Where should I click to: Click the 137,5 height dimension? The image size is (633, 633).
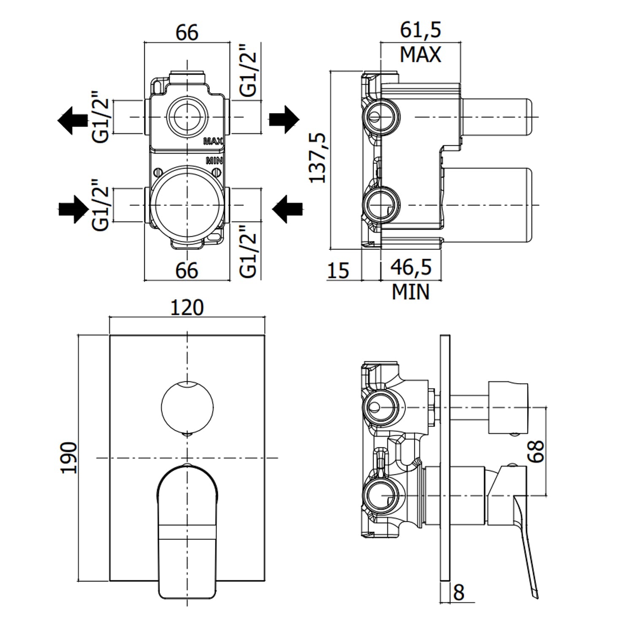[x=318, y=157]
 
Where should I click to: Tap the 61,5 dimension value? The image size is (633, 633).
[x=420, y=30]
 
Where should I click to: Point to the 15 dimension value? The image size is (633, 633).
[x=338, y=271]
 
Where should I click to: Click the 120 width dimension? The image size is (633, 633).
[x=187, y=308]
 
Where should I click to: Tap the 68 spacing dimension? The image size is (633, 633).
[x=536, y=451]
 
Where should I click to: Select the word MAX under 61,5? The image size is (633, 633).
[x=420, y=55]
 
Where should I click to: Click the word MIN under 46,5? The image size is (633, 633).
[x=411, y=292]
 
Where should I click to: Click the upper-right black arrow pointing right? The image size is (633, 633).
[x=284, y=119]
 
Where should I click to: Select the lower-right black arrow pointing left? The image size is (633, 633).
[x=288, y=208]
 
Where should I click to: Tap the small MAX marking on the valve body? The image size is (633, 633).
[x=213, y=141]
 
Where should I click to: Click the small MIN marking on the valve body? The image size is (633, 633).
[x=214, y=160]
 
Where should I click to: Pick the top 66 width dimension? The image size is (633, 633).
[x=187, y=32]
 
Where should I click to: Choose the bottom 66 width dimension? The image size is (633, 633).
[x=187, y=271]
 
